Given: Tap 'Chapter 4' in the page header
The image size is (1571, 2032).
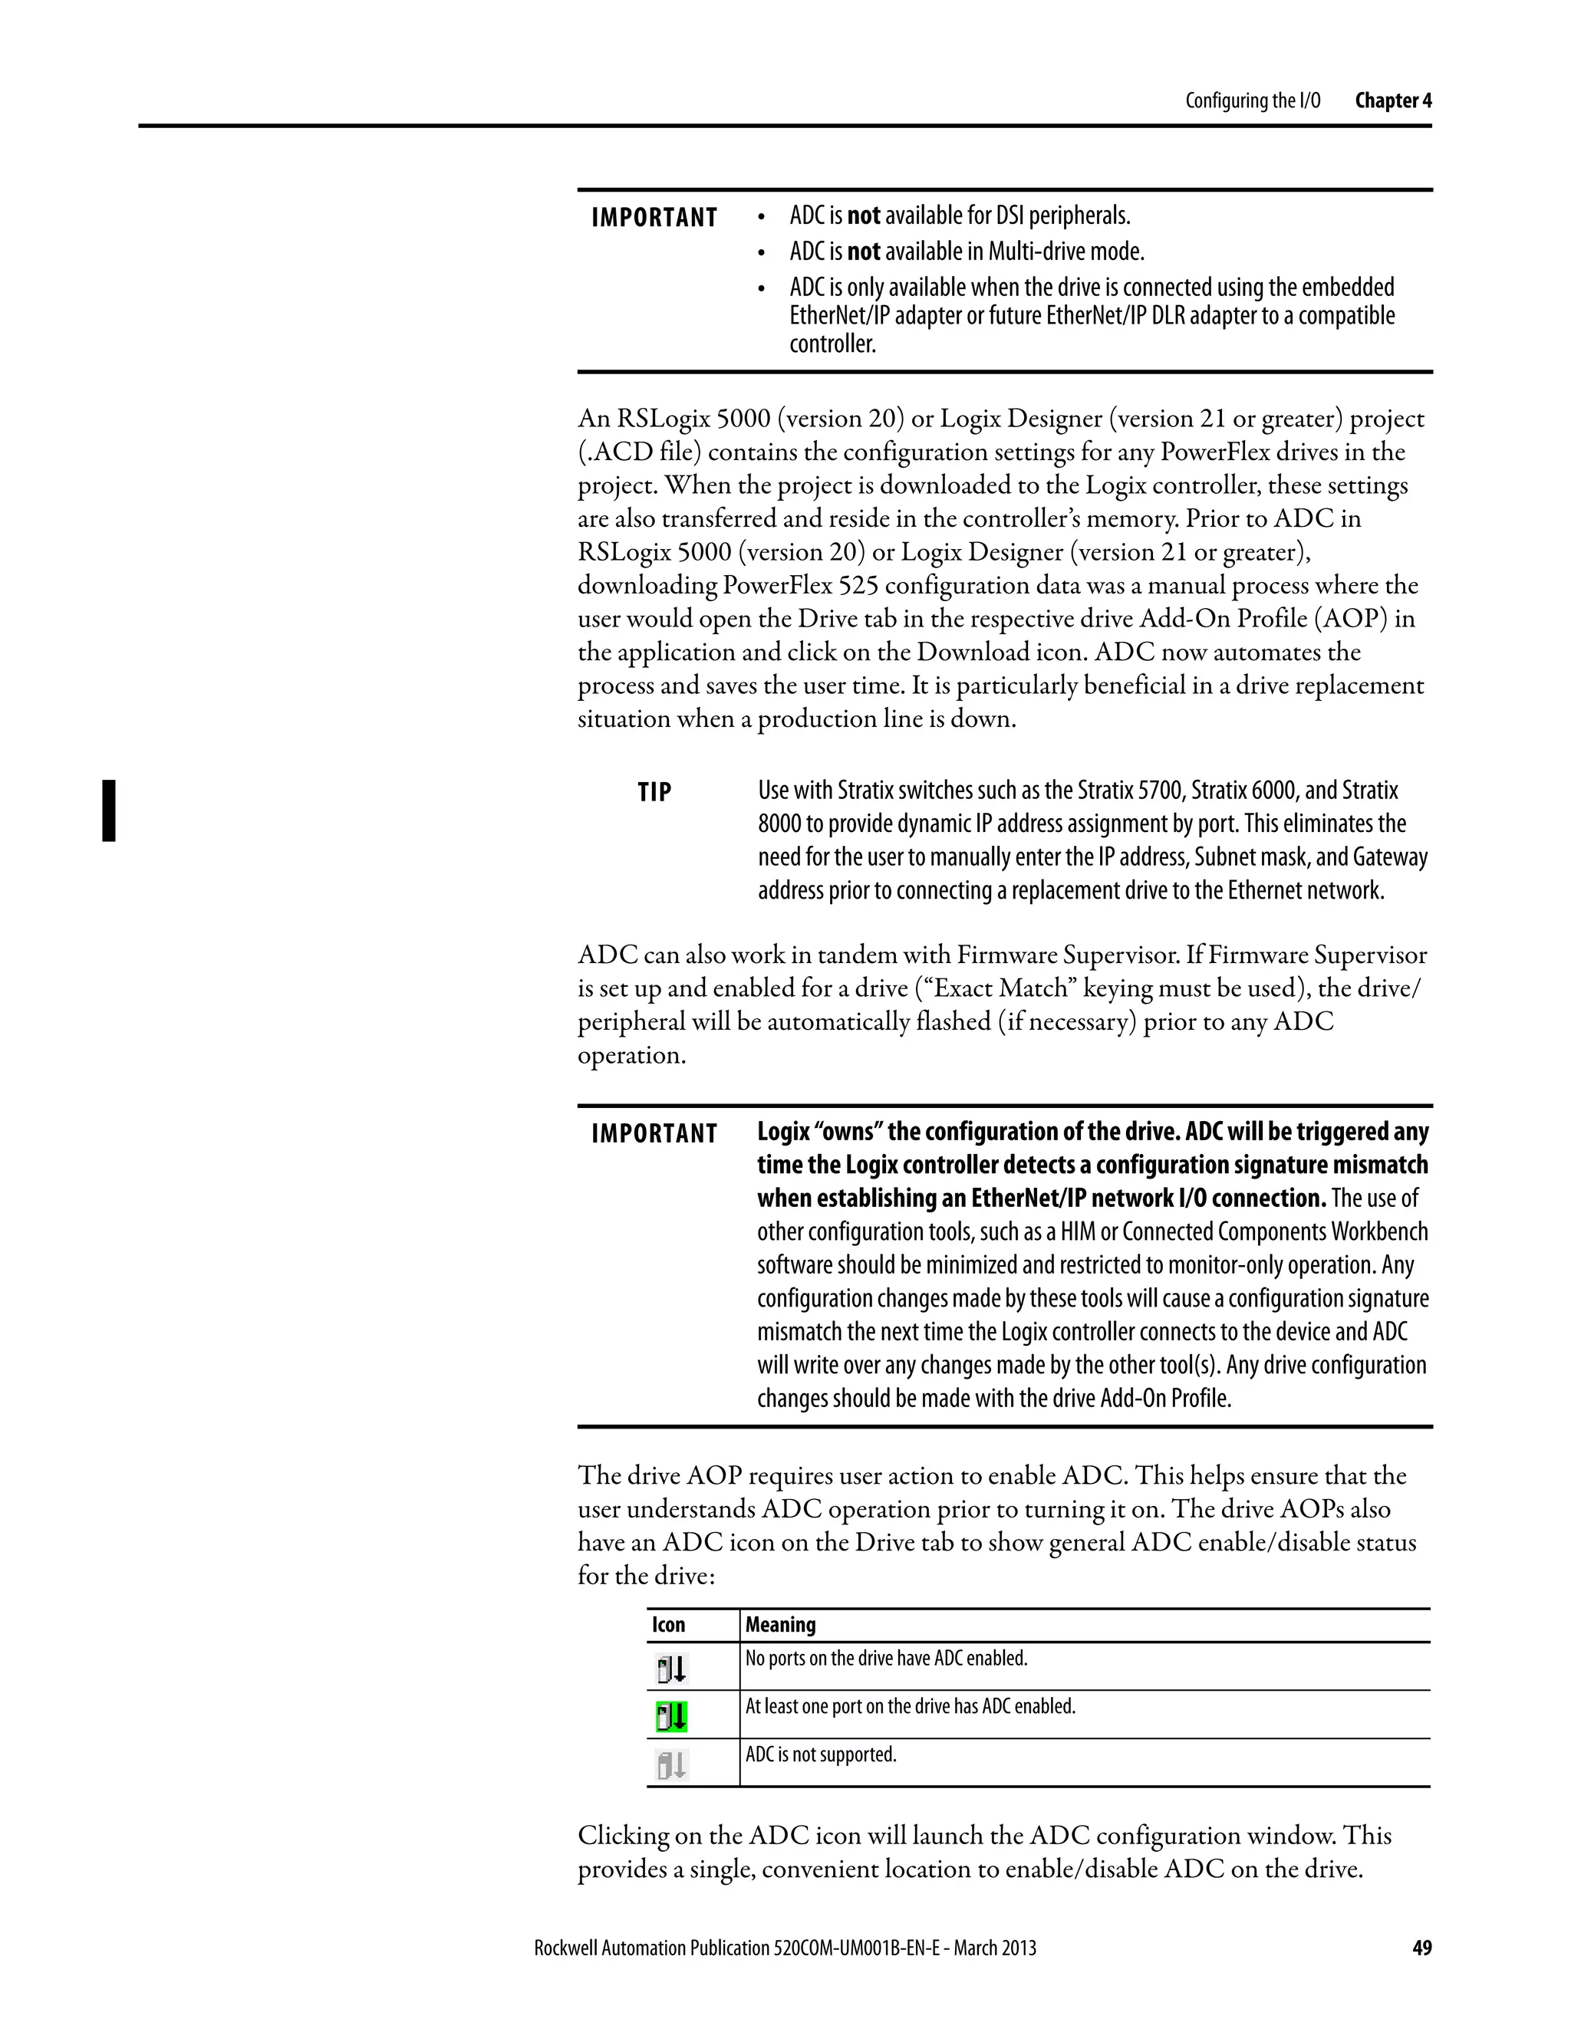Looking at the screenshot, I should [1393, 100].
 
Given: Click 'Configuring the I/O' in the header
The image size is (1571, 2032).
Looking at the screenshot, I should [1252, 100].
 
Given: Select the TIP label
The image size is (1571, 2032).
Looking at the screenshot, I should [654, 793].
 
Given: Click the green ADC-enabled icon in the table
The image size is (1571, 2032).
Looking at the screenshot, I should [671, 1715].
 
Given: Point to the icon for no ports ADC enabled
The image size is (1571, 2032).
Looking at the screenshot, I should [671, 1669].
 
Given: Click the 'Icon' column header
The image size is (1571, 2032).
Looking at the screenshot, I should [668, 1625].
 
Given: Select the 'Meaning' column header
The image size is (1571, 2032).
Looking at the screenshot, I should [780, 1625].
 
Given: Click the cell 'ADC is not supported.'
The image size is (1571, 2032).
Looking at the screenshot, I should [821, 1754].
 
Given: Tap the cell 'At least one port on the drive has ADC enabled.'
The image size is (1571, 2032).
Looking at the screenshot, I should [911, 1706].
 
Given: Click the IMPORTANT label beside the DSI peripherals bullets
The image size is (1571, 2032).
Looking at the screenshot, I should [654, 219].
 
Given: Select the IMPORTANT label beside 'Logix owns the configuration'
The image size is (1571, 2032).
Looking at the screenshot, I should [654, 1134].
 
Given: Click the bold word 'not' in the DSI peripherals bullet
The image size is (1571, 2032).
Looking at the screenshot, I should [863, 216].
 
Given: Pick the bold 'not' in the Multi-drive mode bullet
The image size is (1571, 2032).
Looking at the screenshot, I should [863, 252].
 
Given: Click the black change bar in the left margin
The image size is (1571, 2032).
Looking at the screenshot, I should [109, 810].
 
